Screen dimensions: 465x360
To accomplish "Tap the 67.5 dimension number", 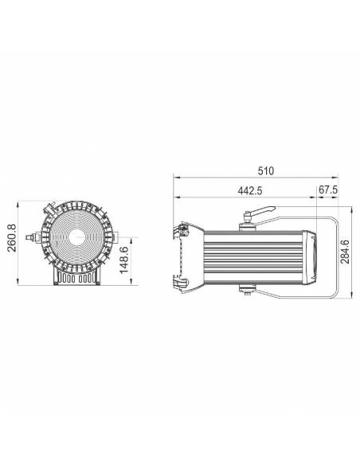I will tap(328, 191).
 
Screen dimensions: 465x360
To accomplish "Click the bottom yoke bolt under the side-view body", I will tap(250, 293).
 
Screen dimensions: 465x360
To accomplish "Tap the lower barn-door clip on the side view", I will tap(178, 280).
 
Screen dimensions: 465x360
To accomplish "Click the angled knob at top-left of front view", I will tap(49, 209).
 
